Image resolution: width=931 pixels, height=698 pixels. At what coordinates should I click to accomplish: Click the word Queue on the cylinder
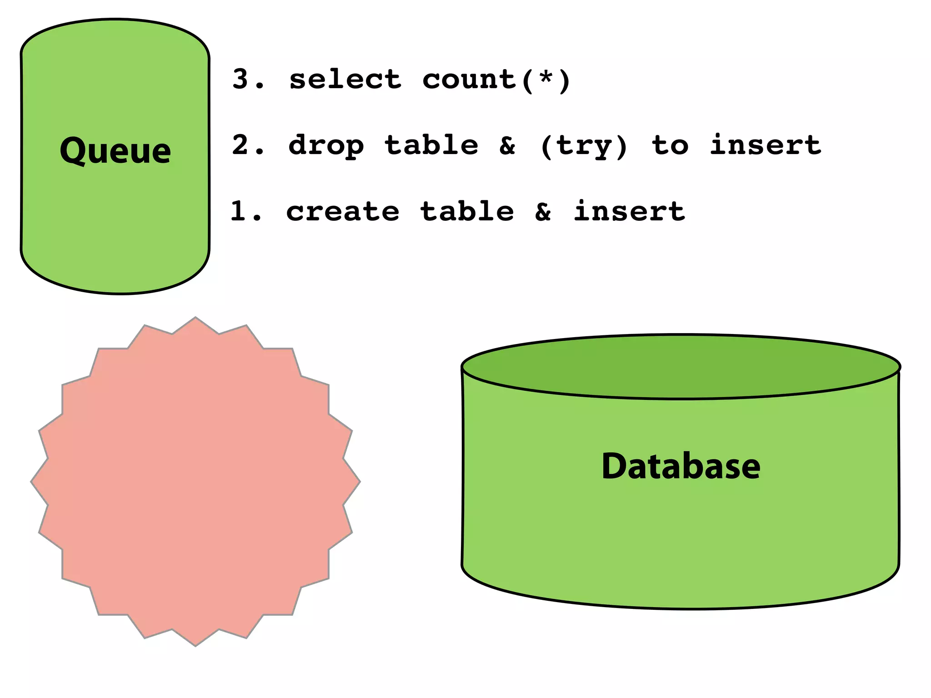115,151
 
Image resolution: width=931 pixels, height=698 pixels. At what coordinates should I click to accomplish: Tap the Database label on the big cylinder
681,466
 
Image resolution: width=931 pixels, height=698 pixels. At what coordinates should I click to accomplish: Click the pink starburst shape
195,482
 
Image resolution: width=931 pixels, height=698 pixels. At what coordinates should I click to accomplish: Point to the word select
345,79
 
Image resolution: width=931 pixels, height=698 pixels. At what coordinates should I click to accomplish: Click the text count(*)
496,80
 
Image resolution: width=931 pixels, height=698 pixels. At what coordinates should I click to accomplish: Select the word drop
326,146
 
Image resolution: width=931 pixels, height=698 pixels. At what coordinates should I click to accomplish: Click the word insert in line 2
766,145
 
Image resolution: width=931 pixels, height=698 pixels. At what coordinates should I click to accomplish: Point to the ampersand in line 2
507,145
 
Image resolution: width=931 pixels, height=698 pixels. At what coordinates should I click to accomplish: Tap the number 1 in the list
240,211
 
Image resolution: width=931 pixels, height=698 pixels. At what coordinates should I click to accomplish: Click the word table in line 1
467,211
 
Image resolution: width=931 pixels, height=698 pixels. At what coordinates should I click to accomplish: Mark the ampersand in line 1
543,212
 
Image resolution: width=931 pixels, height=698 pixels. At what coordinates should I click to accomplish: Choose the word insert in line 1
629,211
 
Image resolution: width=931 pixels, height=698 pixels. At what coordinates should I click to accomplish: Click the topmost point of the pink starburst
195,319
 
